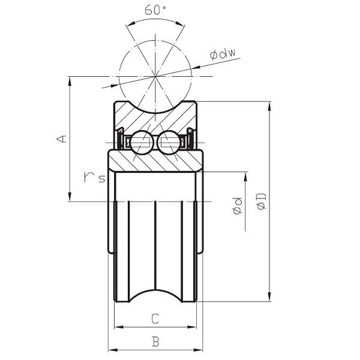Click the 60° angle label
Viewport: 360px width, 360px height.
pos(155,11)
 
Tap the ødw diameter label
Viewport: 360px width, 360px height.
pos(222,55)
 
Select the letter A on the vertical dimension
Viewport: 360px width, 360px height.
pos(61,139)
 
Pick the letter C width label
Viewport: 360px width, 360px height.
pos(155,317)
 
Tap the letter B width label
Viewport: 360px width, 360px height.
pos(155,342)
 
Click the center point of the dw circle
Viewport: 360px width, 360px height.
pos(155,77)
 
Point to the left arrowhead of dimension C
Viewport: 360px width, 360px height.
pos(118,327)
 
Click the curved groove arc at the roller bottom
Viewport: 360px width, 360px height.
pos(155,290)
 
